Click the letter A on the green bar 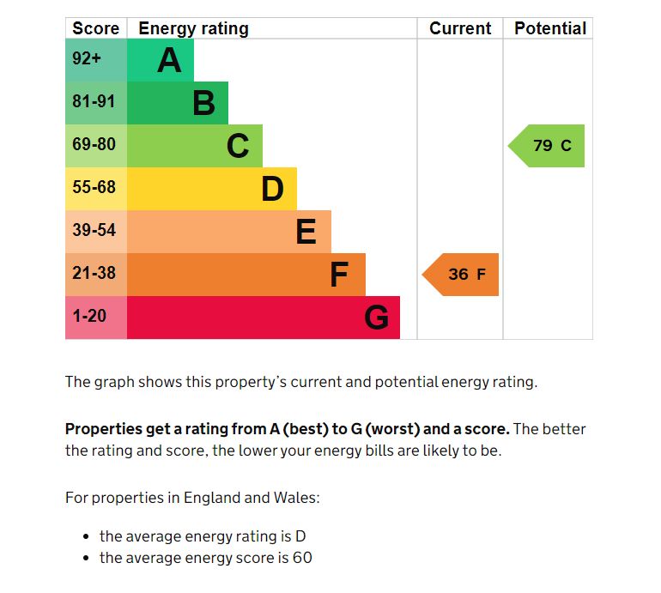[169, 61]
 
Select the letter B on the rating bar [203, 104]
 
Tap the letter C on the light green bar [238, 147]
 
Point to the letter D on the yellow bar [272, 190]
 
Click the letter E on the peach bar [306, 233]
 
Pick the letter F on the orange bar [339, 275]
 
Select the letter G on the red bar [376, 318]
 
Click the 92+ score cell [87, 59]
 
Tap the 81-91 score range [94, 102]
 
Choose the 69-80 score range [94, 145]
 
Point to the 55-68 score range [94, 188]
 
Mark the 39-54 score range [94, 231]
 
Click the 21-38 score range [94, 274]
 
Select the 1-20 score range [89, 317]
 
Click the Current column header [460, 28]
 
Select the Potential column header [550, 28]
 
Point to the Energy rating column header [193, 28]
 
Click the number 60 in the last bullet [301, 559]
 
